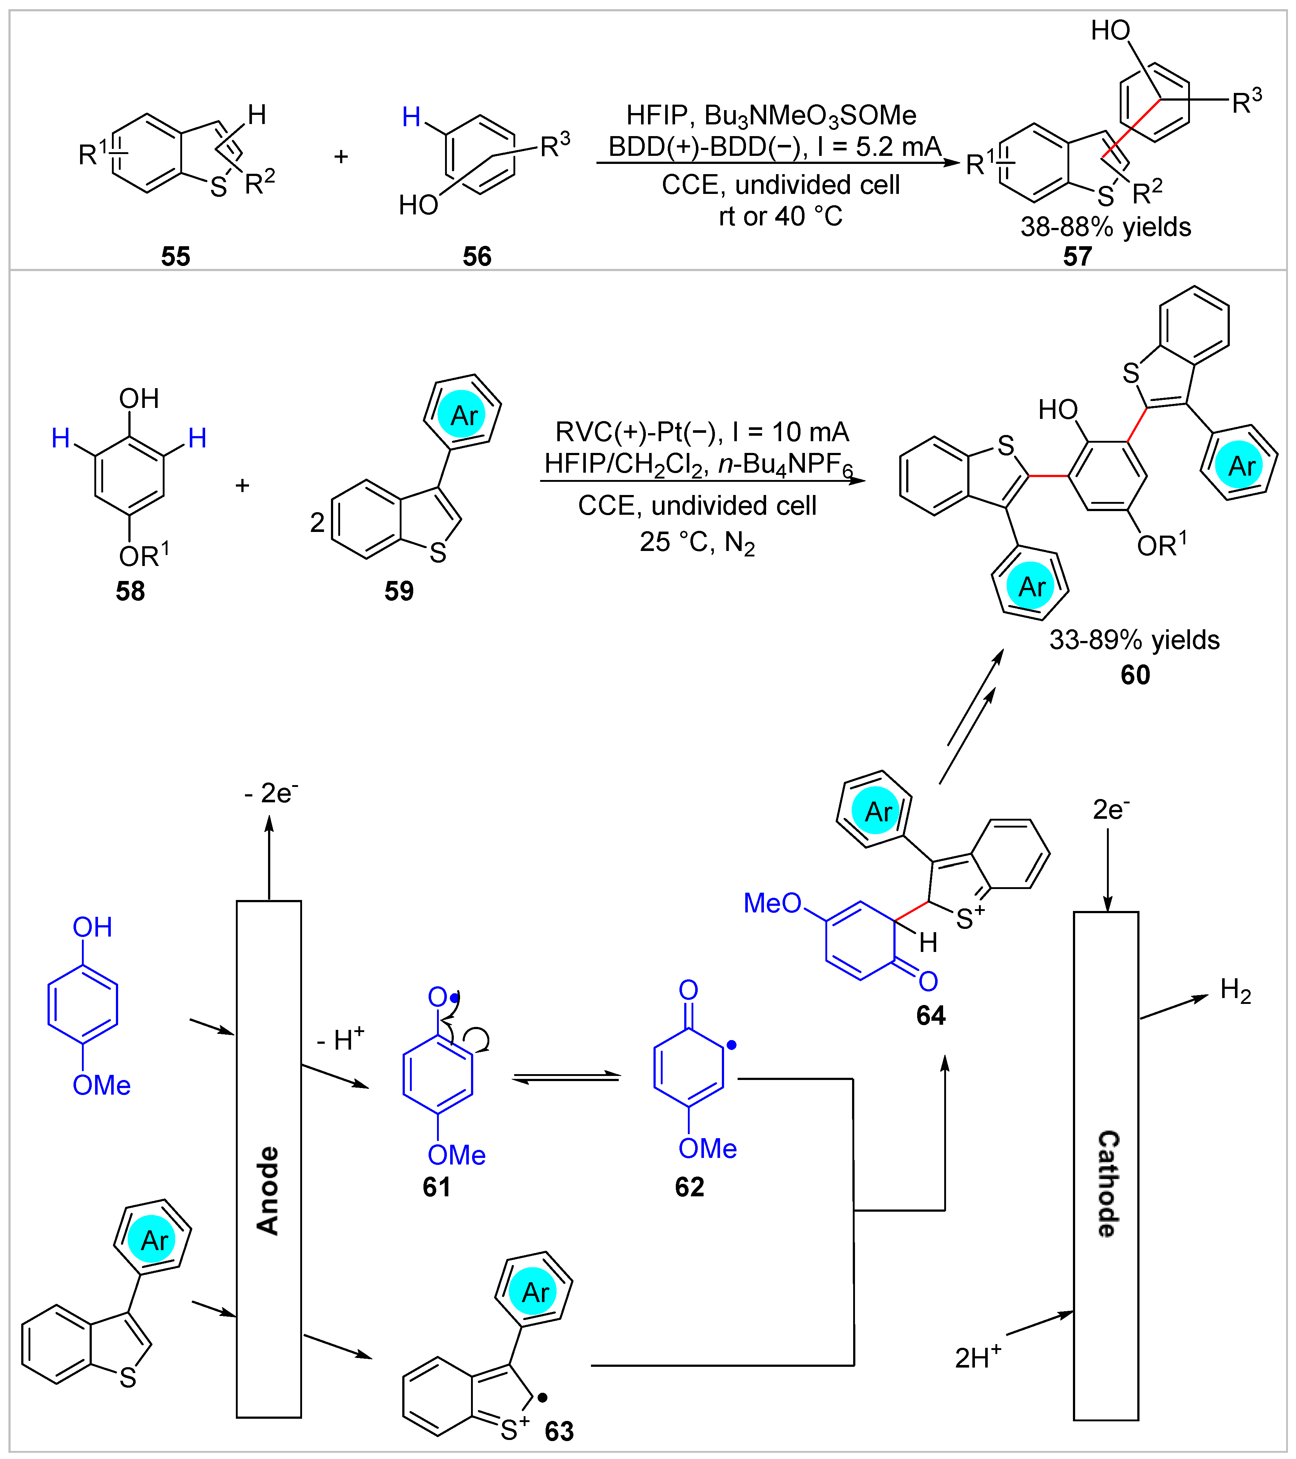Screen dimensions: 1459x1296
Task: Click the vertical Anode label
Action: [268, 1190]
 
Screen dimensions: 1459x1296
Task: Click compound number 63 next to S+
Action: [559, 1431]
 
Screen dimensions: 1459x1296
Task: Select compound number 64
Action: [931, 1016]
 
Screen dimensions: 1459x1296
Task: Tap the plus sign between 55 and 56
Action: [341, 156]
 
